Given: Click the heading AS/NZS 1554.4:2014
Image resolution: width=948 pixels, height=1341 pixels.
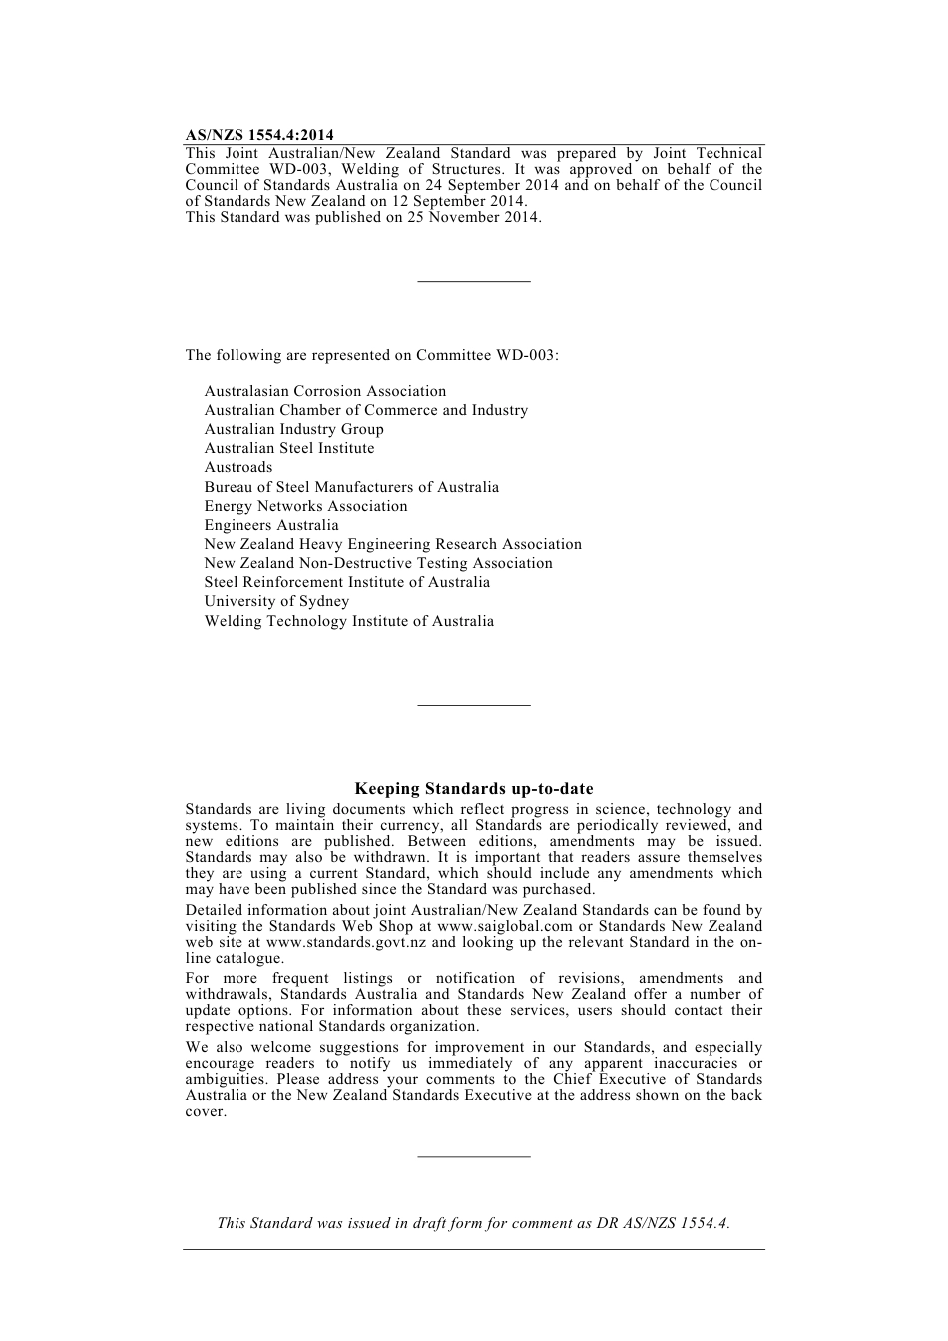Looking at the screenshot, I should [259, 135].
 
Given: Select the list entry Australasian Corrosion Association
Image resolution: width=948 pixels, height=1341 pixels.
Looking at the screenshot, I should [325, 391].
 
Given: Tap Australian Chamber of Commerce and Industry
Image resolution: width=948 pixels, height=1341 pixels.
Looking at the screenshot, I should [366, 410].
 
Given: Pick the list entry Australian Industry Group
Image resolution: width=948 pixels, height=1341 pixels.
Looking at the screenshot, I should [294, 429].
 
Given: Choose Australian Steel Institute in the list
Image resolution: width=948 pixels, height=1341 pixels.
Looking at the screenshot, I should [289, 448].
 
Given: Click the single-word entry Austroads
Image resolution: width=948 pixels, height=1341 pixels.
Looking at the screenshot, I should [238, 467].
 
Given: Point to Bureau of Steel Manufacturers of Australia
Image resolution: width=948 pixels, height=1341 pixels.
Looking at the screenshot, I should [351, 487].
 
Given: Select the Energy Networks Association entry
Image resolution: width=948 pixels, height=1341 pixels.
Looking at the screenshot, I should [306, 506].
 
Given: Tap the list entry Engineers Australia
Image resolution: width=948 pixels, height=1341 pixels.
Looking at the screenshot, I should [271, 525].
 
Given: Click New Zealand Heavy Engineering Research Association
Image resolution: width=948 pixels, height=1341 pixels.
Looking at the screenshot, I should [393, 544].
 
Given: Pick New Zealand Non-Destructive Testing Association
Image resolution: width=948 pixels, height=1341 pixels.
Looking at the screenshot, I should [378, 563].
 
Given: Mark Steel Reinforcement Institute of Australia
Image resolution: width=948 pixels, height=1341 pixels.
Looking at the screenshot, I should [347, 582].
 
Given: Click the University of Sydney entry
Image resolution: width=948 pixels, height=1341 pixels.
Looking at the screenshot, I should [277, 601].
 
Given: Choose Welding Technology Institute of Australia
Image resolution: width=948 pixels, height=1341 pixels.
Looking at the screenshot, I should [349, 621].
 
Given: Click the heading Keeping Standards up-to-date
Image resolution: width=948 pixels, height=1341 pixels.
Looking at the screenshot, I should [474, 789].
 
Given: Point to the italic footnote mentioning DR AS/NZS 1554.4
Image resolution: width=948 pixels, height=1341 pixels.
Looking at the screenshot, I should [474, 1223].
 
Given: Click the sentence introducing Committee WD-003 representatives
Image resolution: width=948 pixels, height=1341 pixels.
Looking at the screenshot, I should [372, 355].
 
